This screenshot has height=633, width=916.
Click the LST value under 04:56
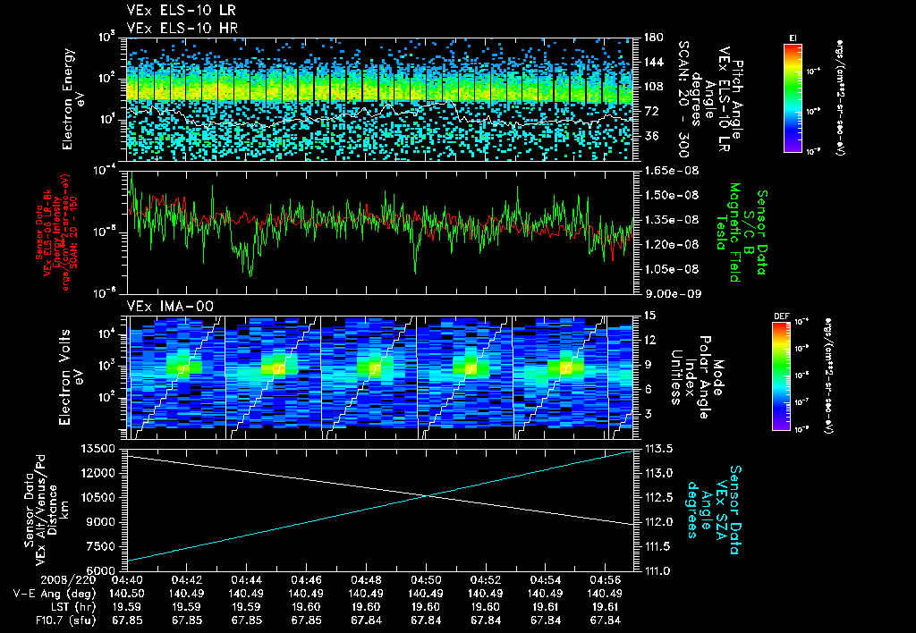pos(606,607)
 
